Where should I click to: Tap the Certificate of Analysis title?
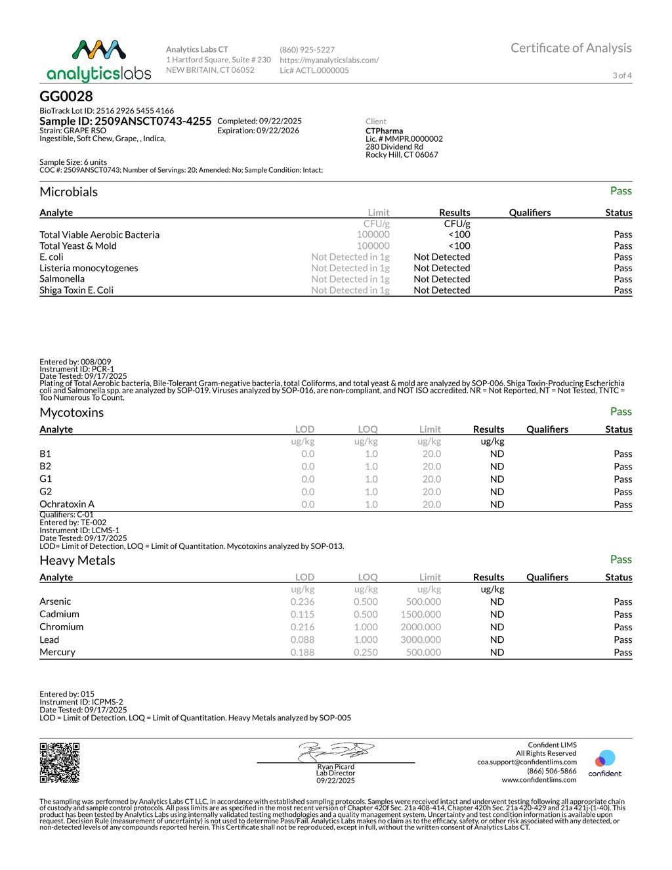click(571, 48)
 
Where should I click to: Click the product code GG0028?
click(66, 97)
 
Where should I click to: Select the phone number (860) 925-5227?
click(307, 50)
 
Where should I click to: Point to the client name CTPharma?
click(385, 131)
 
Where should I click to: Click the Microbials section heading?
click(68, 192)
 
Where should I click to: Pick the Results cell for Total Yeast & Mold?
click(459, 246)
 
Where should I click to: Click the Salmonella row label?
click(62, 279)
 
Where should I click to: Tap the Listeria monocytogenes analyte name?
click(89, 268)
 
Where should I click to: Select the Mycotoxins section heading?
click(72, 412)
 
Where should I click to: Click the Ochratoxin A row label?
click(67, 504)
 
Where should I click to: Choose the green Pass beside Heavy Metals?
click(621, 559)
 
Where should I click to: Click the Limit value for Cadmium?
click(421, 615)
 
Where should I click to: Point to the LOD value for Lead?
click(303, 640)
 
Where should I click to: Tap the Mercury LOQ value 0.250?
click(366, 653)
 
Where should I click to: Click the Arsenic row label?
click(55, 601)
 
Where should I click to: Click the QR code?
click(60, 762)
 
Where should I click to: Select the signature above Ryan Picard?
click(336, 751)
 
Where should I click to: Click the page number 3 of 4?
click(622, 76)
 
